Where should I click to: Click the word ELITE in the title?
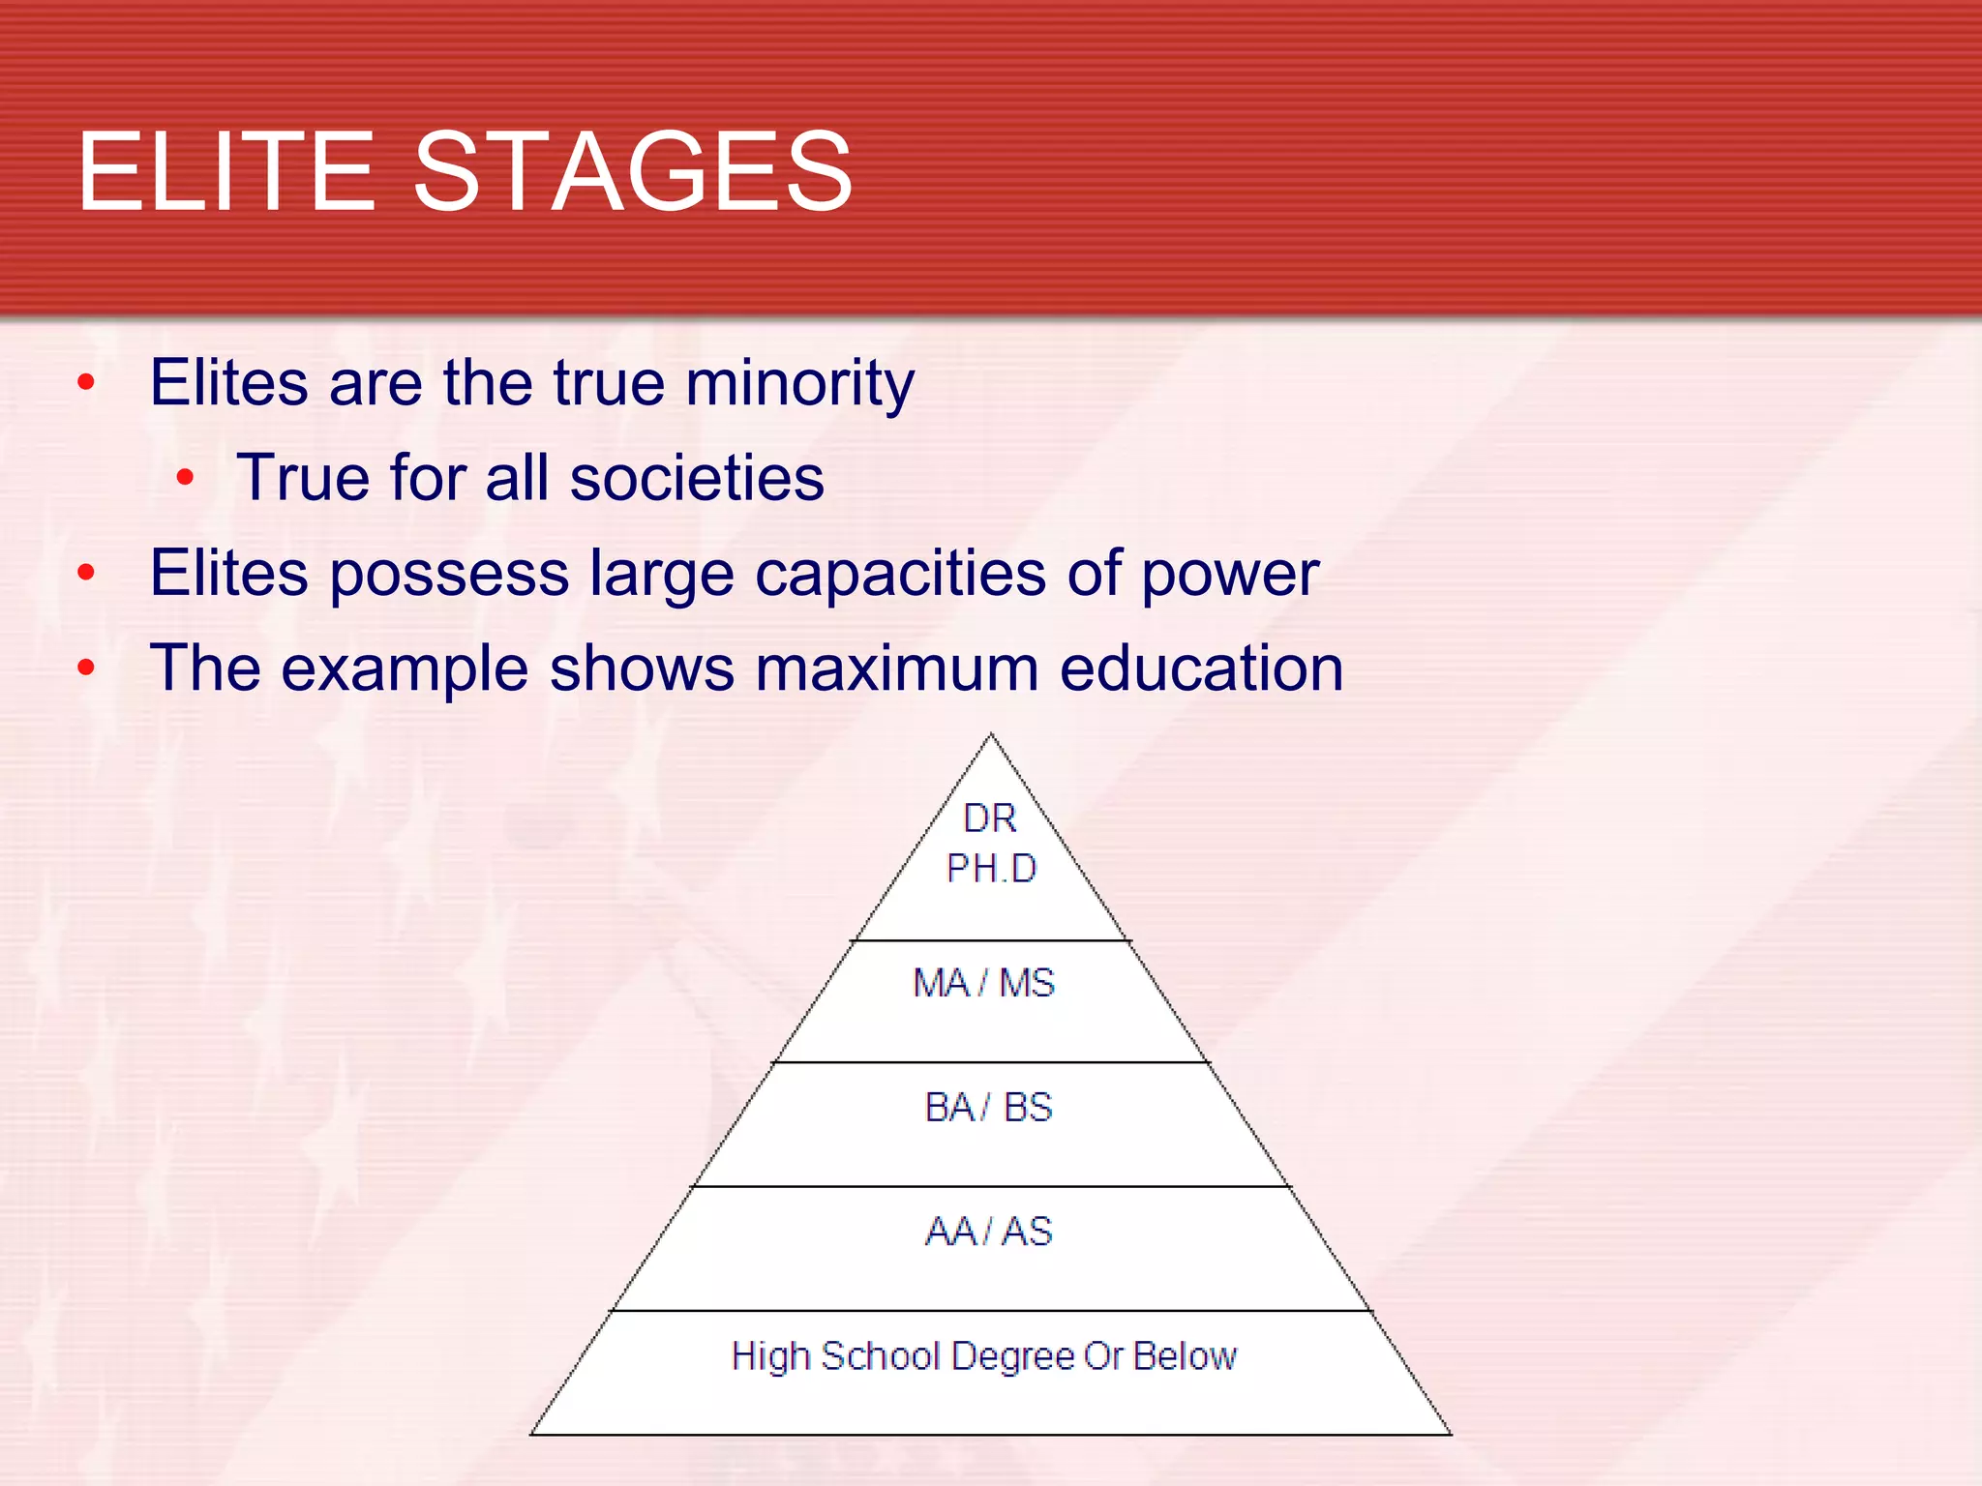225,172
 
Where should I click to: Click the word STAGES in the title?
633,172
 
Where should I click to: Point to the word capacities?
900,573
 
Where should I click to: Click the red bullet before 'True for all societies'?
186,477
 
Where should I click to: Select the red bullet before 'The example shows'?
86,668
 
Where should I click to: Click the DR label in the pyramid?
990,819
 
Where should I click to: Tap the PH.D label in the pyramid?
991,869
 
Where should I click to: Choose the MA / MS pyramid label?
984,983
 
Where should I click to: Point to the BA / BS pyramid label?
988,1107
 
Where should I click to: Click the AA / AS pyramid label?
988,1232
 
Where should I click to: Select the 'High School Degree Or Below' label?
984,1356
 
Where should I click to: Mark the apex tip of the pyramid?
990,735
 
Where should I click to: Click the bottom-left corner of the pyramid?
532,1434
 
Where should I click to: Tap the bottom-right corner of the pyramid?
1450,1434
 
